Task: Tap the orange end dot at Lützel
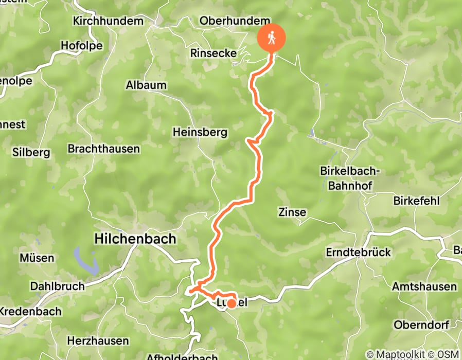(x=232, y=304)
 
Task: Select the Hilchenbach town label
(x=135, y=239)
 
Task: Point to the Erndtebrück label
(x=359, y=253)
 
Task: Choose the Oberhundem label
(x=234, y=21)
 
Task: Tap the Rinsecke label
(x=214, y=53)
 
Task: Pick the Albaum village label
(x=146, y=85)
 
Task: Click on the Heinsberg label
(x=200, y=132)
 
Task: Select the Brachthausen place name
(x=104, y=149)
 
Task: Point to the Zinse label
(x=292, y=212)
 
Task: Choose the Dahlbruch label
(x=57, y=285)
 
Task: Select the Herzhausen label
(x=98, y=341)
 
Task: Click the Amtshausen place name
(x=424, y=286)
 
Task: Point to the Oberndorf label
(x=421, y=325)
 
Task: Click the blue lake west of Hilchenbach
(x=86, y=260)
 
